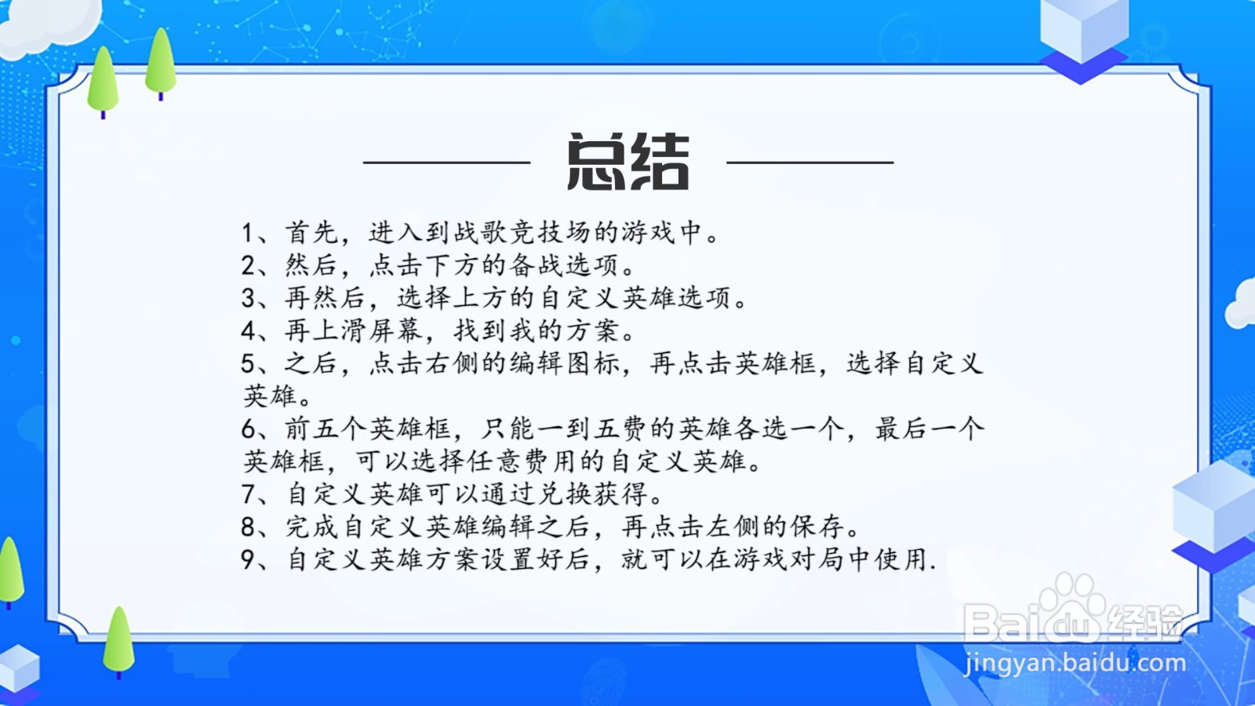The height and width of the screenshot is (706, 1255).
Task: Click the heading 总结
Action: [627, 162]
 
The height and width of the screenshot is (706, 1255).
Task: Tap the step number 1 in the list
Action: [248, 233]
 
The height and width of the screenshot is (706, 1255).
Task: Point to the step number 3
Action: [249, 298]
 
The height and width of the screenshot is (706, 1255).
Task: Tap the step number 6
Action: [249, 429]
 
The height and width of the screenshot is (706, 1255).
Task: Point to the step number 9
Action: [249, 559]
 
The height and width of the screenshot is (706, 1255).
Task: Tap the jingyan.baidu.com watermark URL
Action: [1075, 664]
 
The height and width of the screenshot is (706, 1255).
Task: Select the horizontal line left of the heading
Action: [446, 162]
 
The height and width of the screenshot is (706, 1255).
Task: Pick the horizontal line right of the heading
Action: [809, 162]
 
